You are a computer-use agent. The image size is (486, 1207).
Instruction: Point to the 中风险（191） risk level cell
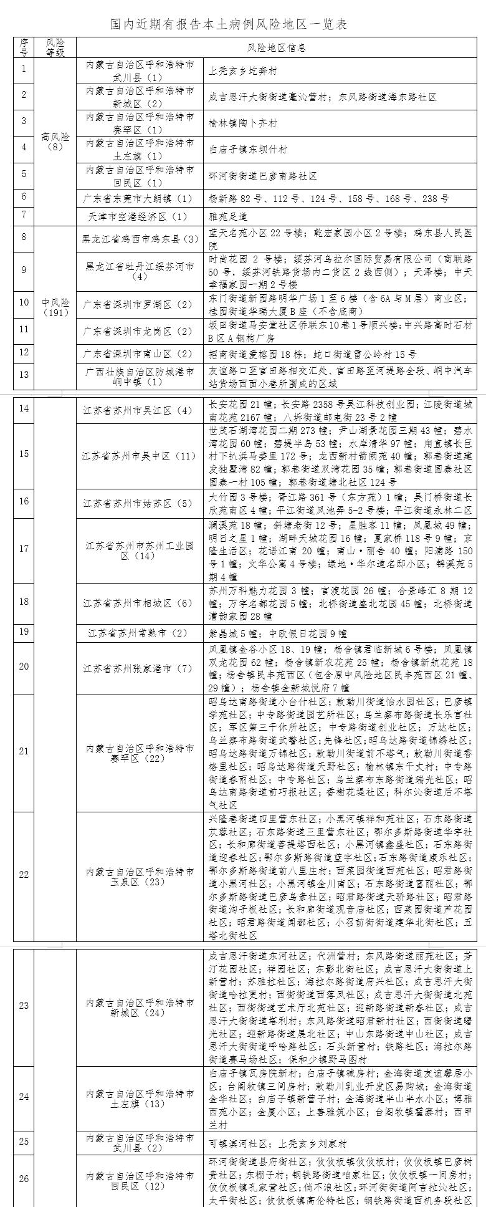[x=55, y=307]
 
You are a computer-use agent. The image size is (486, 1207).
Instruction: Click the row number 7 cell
[x=24, y=215]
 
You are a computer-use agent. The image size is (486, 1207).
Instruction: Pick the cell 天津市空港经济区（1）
[x=140, y=216]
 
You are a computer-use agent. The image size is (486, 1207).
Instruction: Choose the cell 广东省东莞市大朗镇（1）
[x=140, y=199]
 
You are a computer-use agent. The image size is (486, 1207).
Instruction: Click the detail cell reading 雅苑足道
[x=228, y=216]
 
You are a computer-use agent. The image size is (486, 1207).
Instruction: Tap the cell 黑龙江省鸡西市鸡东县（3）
[x=140, y=238]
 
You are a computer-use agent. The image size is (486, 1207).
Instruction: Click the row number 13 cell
[x=24, y=375]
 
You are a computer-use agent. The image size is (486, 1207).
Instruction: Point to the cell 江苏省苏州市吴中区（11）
[x=140, y=456]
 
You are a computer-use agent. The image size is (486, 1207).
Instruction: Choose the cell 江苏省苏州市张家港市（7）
[x=140, y=668]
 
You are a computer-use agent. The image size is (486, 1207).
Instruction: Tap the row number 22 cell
[x=24, y=875]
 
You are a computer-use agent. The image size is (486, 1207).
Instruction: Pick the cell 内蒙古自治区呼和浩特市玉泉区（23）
[x=140, y=875]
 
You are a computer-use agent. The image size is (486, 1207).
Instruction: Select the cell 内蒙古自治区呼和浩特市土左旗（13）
[x=140, y=1099]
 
